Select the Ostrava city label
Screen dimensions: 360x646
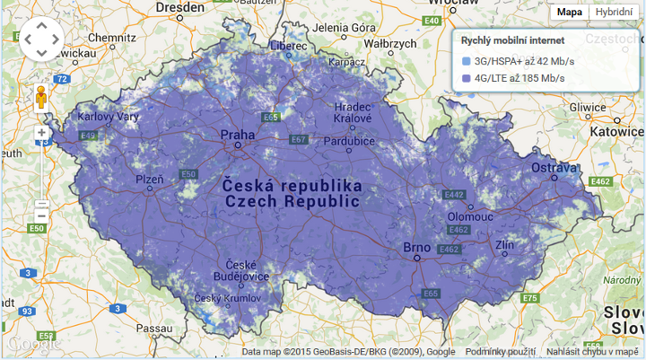tap(554, 168)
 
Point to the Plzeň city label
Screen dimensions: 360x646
tap(150, 180)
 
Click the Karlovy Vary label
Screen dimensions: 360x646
tap(108, 118)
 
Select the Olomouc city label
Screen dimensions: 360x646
tap(471, 216)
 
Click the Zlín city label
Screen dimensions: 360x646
tap(504, 244)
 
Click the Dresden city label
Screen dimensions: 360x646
tap(179, 7)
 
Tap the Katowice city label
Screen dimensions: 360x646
tap(618, 130)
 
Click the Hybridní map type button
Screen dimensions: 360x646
tap(614, 12)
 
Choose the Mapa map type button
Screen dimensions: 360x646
tap(569, 12)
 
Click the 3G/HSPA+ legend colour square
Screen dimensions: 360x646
tap(466, 61)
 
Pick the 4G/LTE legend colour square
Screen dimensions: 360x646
tap(466, 78)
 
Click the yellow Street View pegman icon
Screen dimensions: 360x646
tap(41, 97)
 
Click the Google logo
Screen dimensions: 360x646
tap(33, 343)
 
